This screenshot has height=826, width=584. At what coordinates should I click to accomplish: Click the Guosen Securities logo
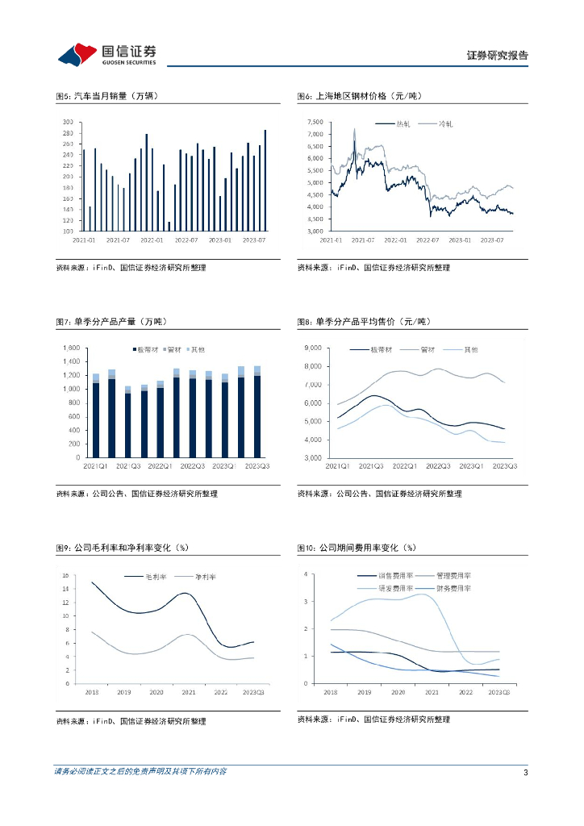click(x=106, y=54)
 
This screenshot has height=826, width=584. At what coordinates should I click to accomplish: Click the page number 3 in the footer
click(x=525, y=773)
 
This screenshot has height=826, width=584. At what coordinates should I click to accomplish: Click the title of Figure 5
click(x=106, y=96)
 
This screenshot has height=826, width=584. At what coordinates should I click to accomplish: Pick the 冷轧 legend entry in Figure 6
click(x=445, y=123)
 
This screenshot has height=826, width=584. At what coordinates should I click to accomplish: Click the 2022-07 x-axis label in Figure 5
click(x=186, y=240)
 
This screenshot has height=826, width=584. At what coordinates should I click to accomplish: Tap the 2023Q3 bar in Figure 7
click(x=257, y=411)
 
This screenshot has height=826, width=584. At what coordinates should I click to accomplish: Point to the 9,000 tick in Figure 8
click(x=312, y=348)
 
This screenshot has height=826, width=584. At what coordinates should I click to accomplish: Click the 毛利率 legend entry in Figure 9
click(x=154, y=577)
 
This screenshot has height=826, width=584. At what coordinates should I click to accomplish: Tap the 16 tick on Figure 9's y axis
click(x=67, y=576)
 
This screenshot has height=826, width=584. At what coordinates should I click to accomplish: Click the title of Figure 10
click(x=356, y=548)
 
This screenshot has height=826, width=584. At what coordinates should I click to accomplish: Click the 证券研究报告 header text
click(x=497, y=56)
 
